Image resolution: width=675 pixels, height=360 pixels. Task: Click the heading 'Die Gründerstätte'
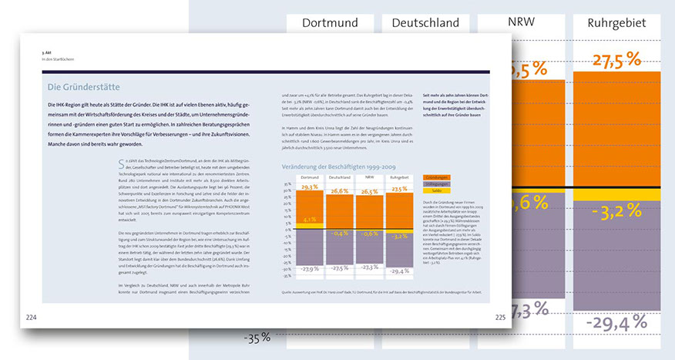83,87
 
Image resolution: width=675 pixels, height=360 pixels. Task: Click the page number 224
32,318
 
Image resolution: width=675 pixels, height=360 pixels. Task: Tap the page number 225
500,317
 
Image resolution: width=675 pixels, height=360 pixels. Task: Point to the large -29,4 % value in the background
616,322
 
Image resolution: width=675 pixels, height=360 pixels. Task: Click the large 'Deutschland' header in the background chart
425,23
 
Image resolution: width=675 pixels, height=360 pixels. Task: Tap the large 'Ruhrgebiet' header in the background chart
616,23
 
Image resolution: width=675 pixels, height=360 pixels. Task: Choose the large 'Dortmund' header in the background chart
330,23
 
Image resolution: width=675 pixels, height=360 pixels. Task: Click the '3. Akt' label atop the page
47,52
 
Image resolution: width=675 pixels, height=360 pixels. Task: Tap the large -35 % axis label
256,337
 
